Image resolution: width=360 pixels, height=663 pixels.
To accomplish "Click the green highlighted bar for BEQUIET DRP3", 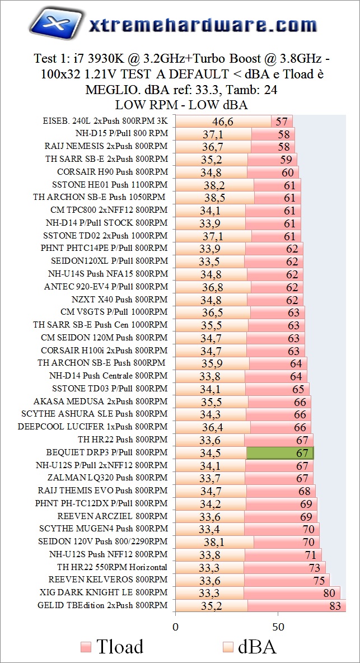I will [280, 452].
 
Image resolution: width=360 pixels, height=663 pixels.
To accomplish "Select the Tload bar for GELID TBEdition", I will [296, 605].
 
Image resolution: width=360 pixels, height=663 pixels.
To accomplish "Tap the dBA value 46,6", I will [223, 122].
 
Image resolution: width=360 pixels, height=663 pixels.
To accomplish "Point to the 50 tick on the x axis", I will [278, 625].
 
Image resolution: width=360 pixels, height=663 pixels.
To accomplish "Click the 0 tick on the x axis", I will [175, 625].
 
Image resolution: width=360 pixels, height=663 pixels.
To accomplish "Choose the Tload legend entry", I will [112, 647].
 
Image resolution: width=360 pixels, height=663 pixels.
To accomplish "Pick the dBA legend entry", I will [250, 647].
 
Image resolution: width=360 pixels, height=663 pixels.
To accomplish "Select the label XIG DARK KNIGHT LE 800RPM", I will [104, 592].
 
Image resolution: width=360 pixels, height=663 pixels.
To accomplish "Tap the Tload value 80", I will [329, 592].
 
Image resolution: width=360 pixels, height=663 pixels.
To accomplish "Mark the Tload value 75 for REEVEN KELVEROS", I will [319, 580].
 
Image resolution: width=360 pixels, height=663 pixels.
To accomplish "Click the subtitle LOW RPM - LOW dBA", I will [181, 104].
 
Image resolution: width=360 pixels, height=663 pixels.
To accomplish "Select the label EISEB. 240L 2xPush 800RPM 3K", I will [105, 121].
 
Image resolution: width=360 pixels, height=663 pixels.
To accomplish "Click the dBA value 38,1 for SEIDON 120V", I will [214, 541].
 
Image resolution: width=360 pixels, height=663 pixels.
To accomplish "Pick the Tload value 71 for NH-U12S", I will [311, 554].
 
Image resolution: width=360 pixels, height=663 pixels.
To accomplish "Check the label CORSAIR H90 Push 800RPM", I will [112, 172].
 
